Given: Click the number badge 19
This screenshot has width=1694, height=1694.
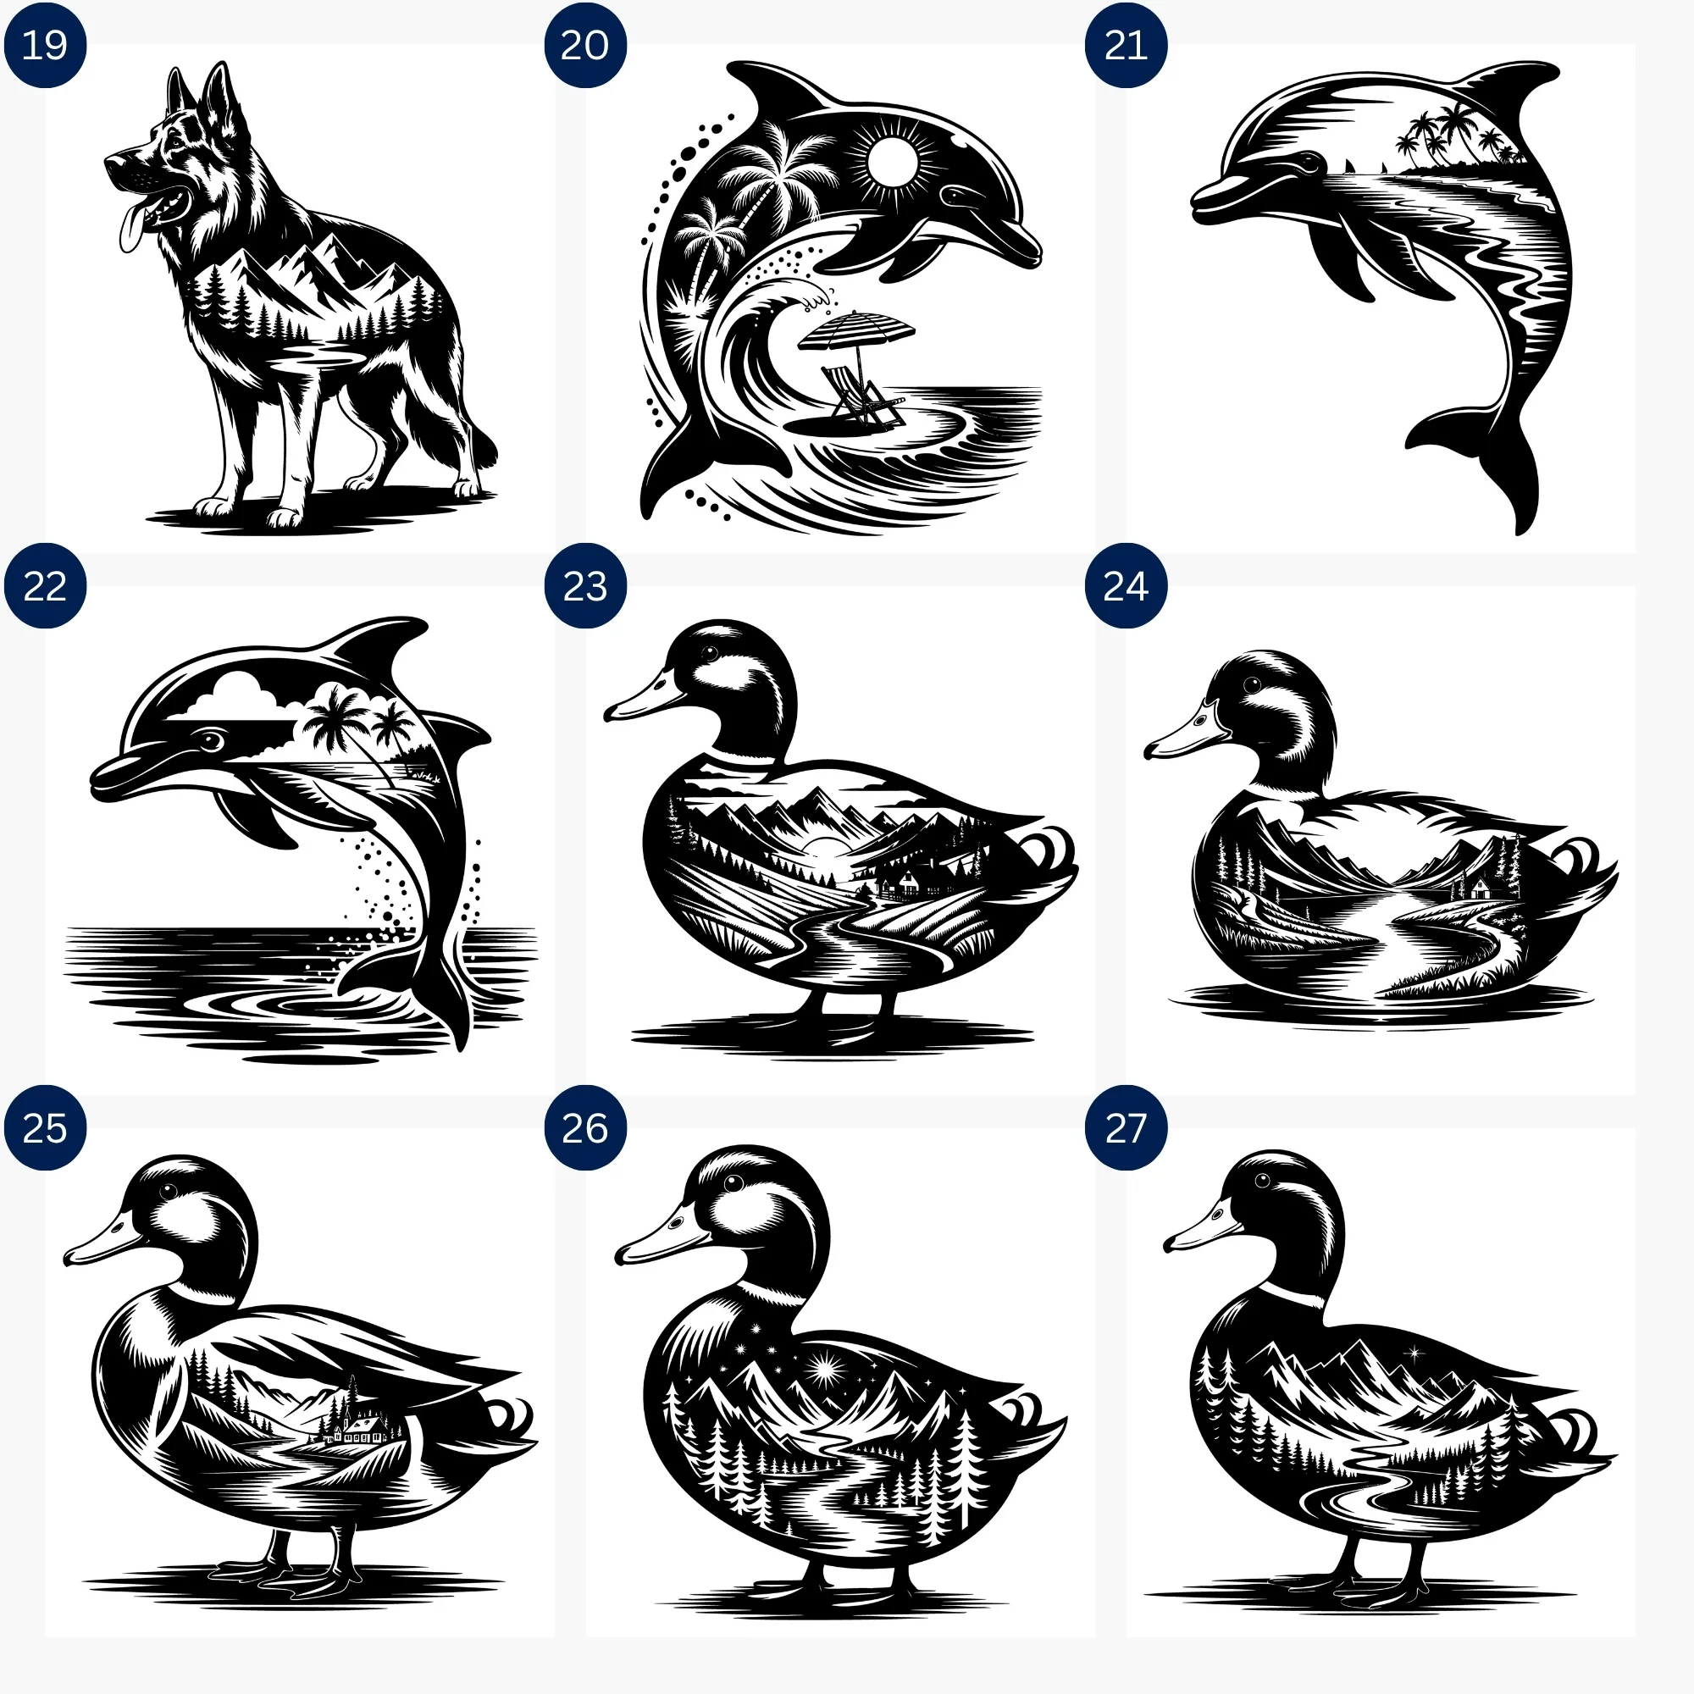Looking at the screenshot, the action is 45,45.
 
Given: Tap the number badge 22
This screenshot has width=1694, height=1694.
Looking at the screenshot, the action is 45,586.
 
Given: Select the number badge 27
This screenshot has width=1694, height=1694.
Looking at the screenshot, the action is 1126,1127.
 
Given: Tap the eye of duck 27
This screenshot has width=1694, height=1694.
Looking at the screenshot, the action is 1262,1180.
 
